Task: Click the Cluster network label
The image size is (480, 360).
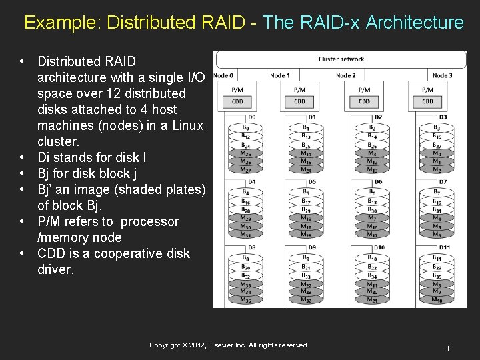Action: (x=341, y=59)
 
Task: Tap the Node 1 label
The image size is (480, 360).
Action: (x=280, y=76)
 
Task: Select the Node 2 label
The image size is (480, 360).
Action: (x=345, y=76)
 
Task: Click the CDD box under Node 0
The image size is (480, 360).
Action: (x=237, y=101)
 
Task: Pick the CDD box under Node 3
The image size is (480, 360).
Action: (x=428, y=101)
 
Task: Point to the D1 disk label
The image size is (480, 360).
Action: (x=313, y=117)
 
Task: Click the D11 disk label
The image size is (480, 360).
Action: (x=443, y=249)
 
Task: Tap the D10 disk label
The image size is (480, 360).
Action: (x=379, y=249)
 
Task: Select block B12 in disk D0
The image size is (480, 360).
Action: (x=246, y=135)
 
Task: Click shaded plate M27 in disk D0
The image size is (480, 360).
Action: (x=246, y=169)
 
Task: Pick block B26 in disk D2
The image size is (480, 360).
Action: (x=372, y=145)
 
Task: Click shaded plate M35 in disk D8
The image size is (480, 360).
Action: (x=246, y=300)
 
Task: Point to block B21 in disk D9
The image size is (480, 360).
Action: (x=306, y=267)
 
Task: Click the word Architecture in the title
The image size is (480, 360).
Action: (x=415, y=23)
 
